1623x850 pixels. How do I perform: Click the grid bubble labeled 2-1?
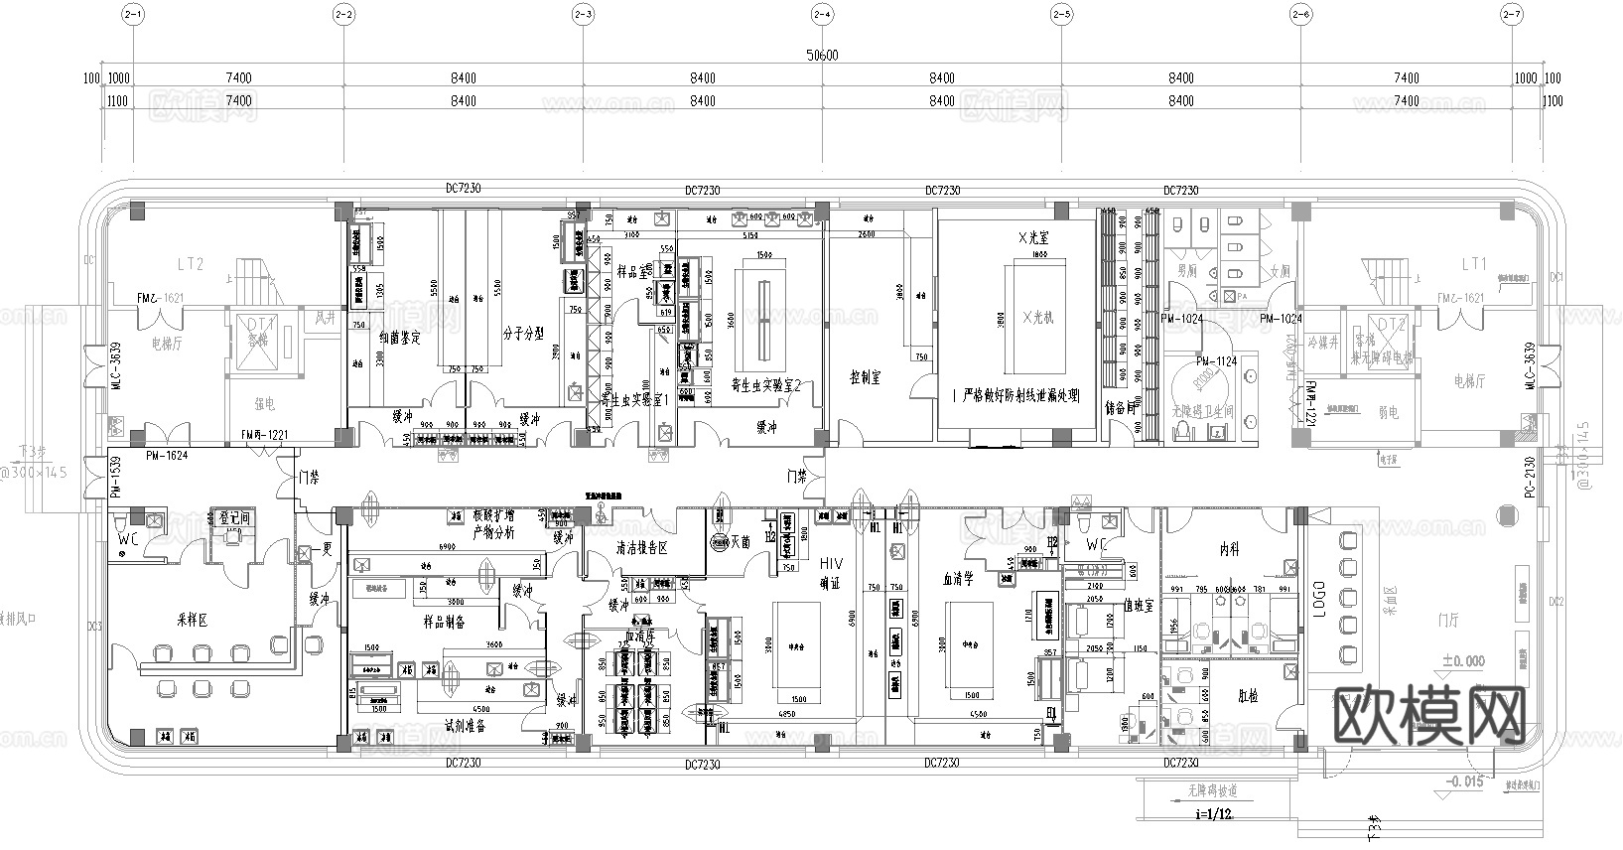pyautogui.click(x=133, y=15)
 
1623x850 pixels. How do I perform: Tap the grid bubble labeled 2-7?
pyautogui.click(x=1512, y=15)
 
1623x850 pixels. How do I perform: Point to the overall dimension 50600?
pyautogui.click(x=823, y=56)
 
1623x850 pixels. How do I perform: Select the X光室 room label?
pyautogui.click(x=1033, y=239)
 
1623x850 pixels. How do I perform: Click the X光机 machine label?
pyautogui.click(x=1033, y=317)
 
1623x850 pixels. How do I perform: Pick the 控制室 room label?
pyautogui.click(x=867, y=377)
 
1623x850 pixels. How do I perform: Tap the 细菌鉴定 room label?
pyautogui.click(x=399, y=338)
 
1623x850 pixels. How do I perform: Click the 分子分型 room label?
pyautogui.click(x=523, y=334)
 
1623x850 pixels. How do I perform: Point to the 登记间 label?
pyautogui.click(x=234, y=518)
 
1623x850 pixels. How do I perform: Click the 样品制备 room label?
pyautogui.click(x=444, y=622)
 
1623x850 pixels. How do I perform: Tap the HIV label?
pyautogui.click(x=830, y=564)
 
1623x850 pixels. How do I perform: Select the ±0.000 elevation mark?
pyautogui.click(x=1462, y=661)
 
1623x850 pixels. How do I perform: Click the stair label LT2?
pyautogui.click(x=190, y=264)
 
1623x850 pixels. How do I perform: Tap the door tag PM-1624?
pyautogui.click(x=166, y=455)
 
